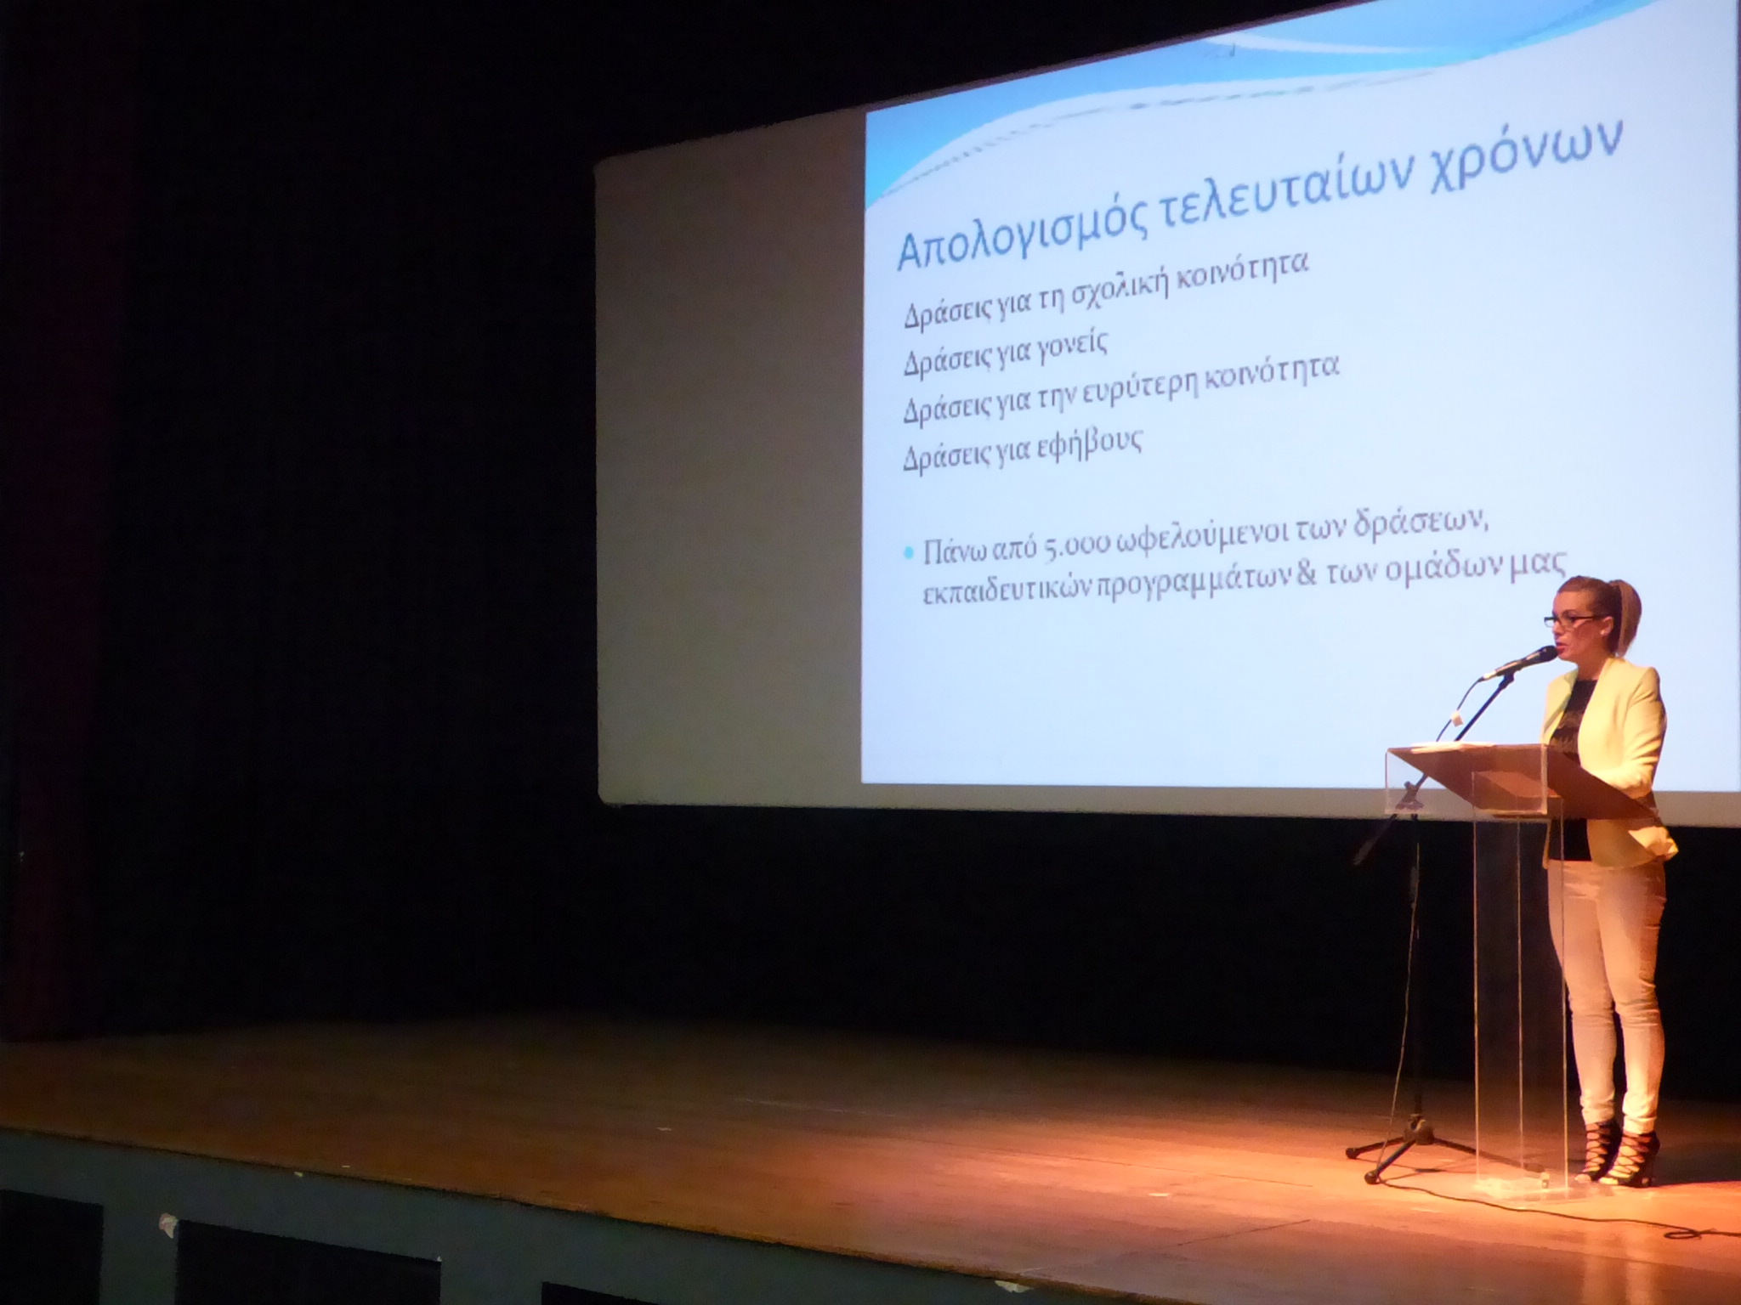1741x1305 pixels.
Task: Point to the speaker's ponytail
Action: click(1627, 606)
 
